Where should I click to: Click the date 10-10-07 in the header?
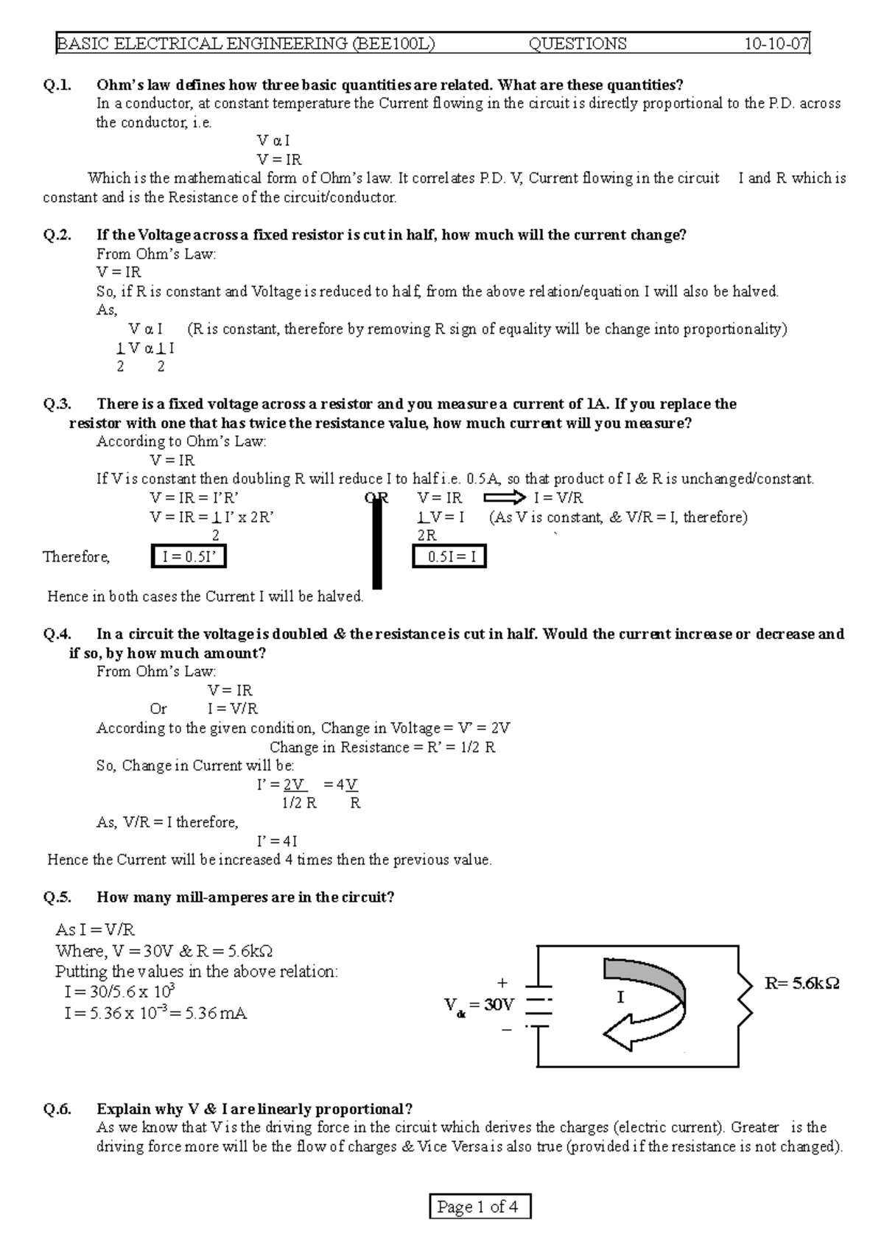coord(776,44)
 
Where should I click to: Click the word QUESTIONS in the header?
coord(578,44)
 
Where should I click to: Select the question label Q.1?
coord(57,85)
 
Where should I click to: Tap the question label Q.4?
coord(57,634)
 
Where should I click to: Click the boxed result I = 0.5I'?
coord(189,557)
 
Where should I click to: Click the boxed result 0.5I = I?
coord(449,557)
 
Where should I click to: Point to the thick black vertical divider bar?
coord(377,542)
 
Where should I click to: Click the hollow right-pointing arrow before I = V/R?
coord(503,498)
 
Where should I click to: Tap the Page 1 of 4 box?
coord(479,1208)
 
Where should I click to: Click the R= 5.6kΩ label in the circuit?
coord(801,983)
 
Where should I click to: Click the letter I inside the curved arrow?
coord(620,998)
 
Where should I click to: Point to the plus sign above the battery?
coord(503,983)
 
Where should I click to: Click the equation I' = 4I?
coord(277,841)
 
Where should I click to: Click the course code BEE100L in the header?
coord(394,44)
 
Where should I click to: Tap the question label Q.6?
coord(57,1109)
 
